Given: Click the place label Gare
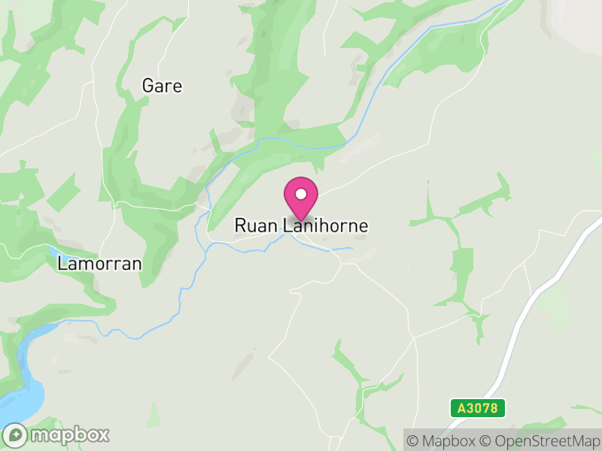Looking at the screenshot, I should point(162,86).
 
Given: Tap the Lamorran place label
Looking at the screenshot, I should point(99,264).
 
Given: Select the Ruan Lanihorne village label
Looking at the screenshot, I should point(301,225).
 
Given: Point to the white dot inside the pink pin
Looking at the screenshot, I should point(301,194).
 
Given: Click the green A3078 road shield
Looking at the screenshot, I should point(478,408).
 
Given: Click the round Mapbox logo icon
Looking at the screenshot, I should point(17,434).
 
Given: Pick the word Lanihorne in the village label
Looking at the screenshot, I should point(327,225).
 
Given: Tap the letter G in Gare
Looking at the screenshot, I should point(148,86).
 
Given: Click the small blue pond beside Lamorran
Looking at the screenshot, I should point(55,252).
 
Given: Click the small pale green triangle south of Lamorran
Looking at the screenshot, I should point(154,416).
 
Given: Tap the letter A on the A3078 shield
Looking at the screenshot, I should point(461,408).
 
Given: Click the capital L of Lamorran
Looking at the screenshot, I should point(62,264).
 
